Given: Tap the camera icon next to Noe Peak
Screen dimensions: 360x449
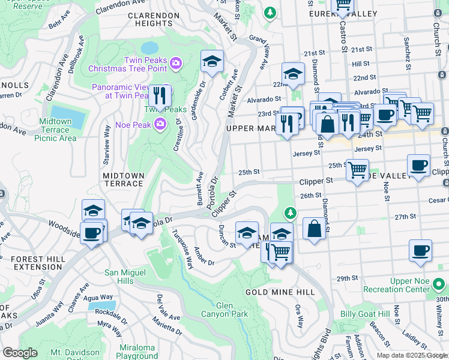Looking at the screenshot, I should tap(160, 124).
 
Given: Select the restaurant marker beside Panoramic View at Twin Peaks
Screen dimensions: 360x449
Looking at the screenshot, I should tap(159, 96).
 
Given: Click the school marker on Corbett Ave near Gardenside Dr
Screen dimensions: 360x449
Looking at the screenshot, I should tap(211, 62).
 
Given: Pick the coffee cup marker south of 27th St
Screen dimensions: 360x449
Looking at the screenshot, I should tap(420, 250).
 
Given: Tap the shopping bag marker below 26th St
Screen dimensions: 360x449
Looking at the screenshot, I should tap(314, 229).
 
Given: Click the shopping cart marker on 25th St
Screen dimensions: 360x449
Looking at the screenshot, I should tap(358, 171).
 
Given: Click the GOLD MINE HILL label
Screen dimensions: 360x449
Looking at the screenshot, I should tap(280, 292).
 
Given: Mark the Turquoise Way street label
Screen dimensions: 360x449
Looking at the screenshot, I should tap(182, 248).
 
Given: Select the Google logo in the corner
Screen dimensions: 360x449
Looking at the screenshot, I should tap(20, 353).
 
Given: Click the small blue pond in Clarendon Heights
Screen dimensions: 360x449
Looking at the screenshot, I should tap(149, 47).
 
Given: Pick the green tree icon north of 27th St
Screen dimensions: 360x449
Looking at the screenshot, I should tap(291, 213).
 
